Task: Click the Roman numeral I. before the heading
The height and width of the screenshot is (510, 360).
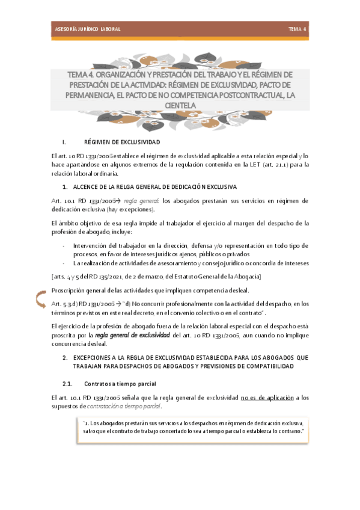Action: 64,143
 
